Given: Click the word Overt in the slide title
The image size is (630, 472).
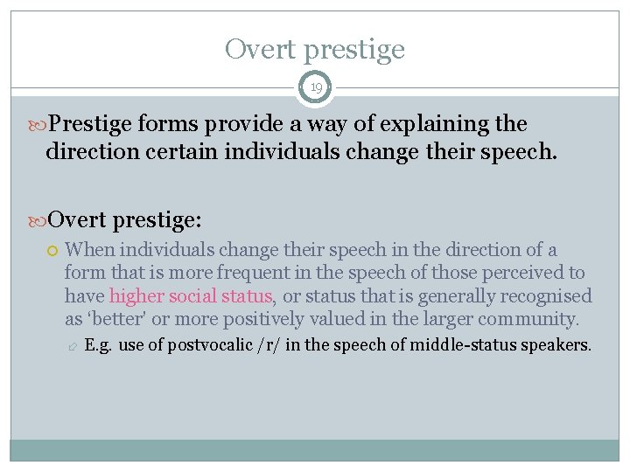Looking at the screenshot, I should pos(261,49).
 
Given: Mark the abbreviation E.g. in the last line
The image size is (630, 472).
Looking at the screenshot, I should pos(99,345).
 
